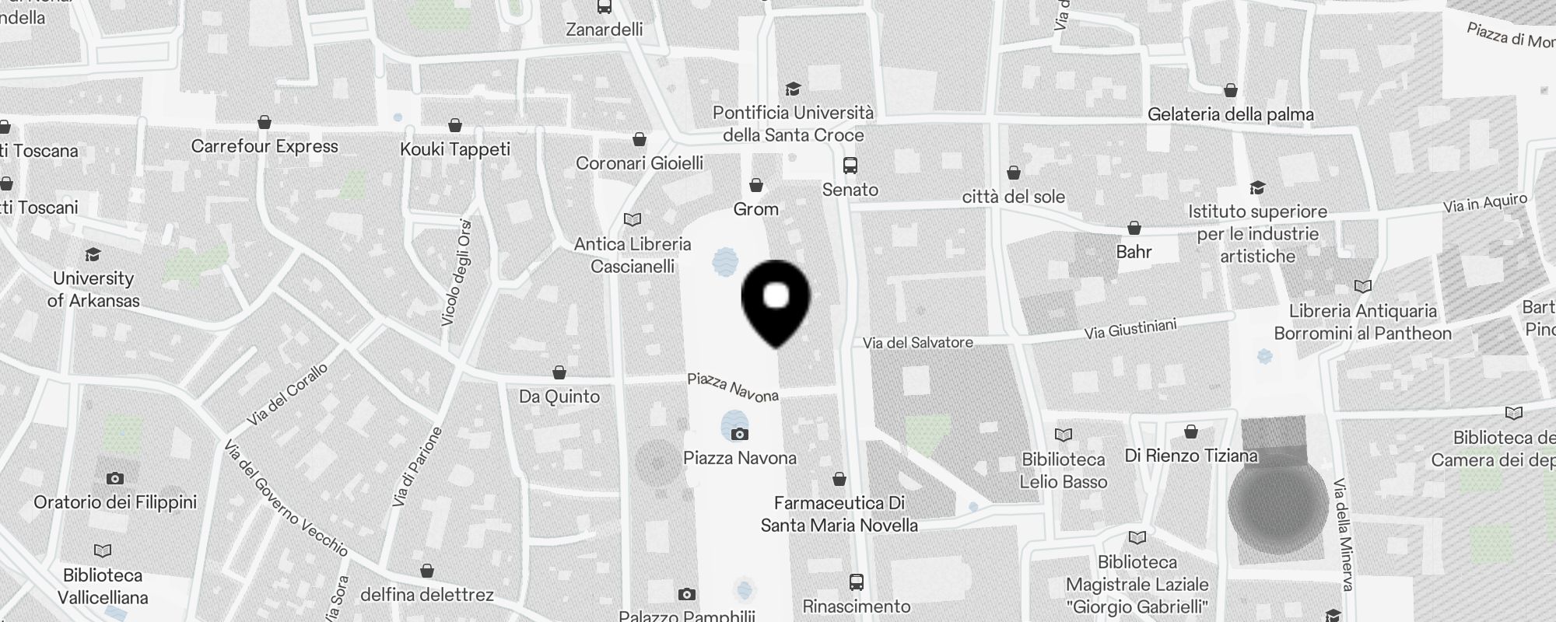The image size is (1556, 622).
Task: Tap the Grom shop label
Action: pyautogui.click(x=755, y=209)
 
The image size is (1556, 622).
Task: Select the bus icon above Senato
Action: pyautogui.click(x=850, y=166)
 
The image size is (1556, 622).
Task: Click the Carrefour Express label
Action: pyautogui.click(x=265, y=146)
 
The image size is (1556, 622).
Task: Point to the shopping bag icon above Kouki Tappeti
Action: pyautogui.click(x=455, y=125)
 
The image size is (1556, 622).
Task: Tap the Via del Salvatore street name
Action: pyautogui.click(x=917, y=342)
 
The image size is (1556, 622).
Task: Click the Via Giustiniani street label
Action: pyautogui.click(x=1130, y=330)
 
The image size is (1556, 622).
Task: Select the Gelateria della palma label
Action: pyautogui.click(x=1230, y=114)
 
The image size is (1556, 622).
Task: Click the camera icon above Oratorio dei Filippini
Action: pyautogui.click(x=115, y=478)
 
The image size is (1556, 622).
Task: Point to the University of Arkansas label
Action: pyautogui.click(x=93, y=289)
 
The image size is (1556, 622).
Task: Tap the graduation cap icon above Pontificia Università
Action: pyautogui.click(x=793, y=89)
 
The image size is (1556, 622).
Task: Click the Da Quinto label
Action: pyautogui.click(x=559, y=397)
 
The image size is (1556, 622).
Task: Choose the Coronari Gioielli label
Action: pyautogui.click(x=640, y=163)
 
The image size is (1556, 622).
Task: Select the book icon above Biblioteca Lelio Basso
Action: pyautogui.click(x=1063, y=435)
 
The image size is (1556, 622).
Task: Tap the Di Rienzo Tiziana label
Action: pyautogui.click(x=1191, y=456)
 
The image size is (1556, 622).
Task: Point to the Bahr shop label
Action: pyautogui.click(x=1134, y=252)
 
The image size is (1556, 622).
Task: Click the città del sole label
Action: pyautogui.click(x=1013, y=197)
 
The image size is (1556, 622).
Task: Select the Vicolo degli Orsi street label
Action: pyautogui.click(x=457, y=272)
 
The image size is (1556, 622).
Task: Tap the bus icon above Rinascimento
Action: pyautogui.click(x=857, y=582)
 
